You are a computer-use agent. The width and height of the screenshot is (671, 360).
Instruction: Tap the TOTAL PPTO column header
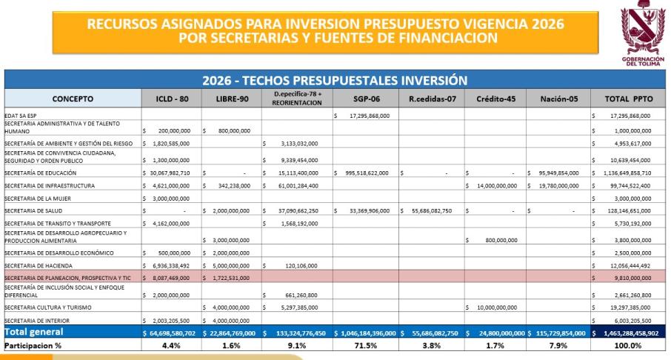point(627,99)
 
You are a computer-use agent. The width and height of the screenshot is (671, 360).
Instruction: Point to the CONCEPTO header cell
point(73,99)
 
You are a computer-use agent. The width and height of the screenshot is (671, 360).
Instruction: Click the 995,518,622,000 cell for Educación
point(368,173)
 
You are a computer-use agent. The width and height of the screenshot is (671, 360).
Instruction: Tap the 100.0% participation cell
point(627,346)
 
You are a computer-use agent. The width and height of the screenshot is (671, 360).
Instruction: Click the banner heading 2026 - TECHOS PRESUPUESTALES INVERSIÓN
point(335,80)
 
